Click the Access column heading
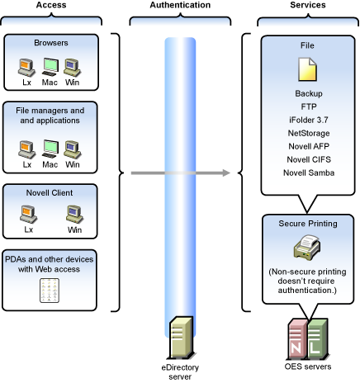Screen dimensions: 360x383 (51, 5)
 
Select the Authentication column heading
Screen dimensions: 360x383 (180, 5)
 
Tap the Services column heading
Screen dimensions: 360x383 (308, 5)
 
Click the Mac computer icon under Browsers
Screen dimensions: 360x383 (50, 67)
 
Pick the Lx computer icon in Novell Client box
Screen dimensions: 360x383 (28, 215)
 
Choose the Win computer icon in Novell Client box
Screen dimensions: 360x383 (74, 215)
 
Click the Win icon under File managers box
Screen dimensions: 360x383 (73, 149)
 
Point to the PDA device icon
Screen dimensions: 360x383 (50, 291)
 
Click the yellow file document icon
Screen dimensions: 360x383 (307, 69)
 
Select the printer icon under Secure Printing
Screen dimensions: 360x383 (307, 247)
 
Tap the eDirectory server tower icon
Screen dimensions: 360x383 (181, 338)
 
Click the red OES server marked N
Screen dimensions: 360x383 (297, 338)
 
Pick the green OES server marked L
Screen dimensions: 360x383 (318, 338)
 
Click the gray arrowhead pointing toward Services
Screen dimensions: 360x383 (226, 173)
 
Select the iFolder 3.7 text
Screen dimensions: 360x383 (309, 120)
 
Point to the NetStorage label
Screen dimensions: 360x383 (309, 133)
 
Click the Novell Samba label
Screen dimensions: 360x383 (309, 173)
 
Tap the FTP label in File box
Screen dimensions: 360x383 (309, 106)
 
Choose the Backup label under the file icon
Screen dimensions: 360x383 (309, 93)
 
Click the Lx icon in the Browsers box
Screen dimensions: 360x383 (26, 68)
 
